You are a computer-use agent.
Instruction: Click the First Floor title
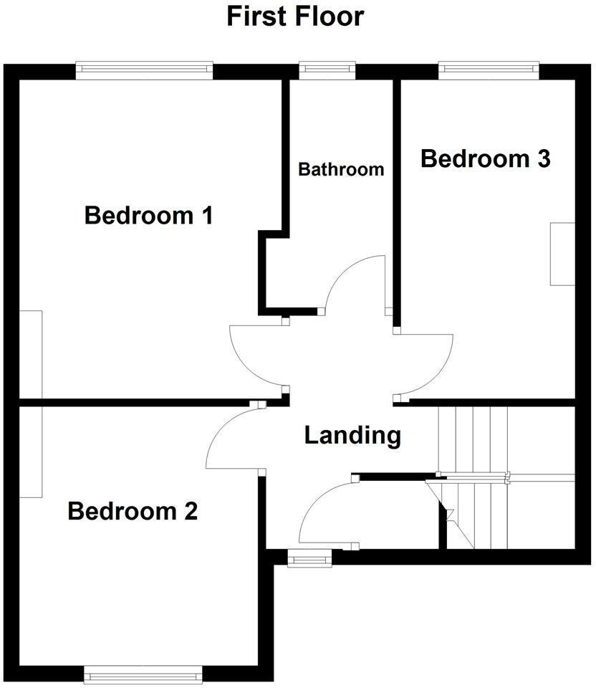[x=295, y=16]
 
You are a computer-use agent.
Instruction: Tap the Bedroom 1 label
[x=148, y=215]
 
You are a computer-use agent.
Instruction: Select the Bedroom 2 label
[x=133, y=512]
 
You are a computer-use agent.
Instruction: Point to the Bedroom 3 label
[x=485, y=158]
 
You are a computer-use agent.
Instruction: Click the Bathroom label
[x=341, y=170]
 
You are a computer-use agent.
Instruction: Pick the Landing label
[x=352, y=435]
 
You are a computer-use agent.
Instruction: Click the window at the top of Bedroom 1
[x=144, y=70]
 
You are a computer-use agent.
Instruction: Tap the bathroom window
[x=327, y=70]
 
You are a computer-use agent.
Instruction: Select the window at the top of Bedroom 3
[x=488, y=70]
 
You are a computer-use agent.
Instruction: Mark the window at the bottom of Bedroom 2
[x=143, y=674]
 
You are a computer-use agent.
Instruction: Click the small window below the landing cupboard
[x=309, y=558]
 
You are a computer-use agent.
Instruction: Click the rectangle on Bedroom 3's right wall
[x=562, y=254]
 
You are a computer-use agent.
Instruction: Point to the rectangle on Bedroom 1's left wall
[x=31, y=353]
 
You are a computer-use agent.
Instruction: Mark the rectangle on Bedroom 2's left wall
[x=31, y=451]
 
